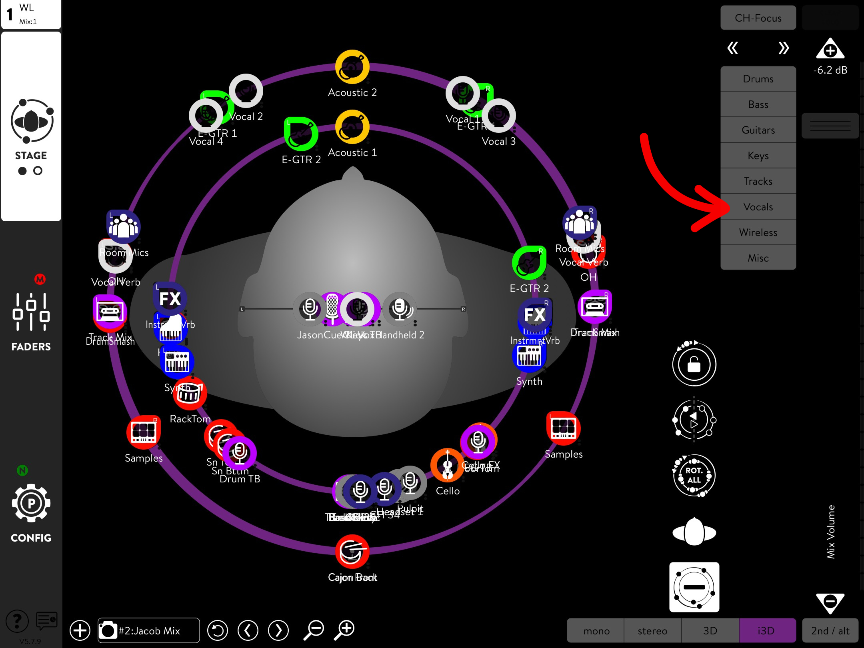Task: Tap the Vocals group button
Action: coord(758,207)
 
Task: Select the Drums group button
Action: coord(758,79)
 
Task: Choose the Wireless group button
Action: coord(758,232)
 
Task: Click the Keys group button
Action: coord(758,156)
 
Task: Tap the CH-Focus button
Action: coord(758,18)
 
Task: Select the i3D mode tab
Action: coord(766,631)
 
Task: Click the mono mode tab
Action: coord(596,631)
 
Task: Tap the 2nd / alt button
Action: coord(830,631)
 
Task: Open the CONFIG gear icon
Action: coord(31,503)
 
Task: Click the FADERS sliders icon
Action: coord(31,312)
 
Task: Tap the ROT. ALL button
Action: coord(694,475)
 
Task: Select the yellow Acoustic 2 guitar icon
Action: coord(352,67)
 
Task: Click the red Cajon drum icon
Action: coord(352,552)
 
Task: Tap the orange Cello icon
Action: coord(447,465)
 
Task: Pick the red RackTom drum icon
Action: coord(190,394)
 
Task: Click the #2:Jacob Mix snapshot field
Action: coord(149,631)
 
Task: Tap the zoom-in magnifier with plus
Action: coord(346,630)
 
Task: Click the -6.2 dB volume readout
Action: coord(830,70)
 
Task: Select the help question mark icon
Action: coord(17,621)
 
